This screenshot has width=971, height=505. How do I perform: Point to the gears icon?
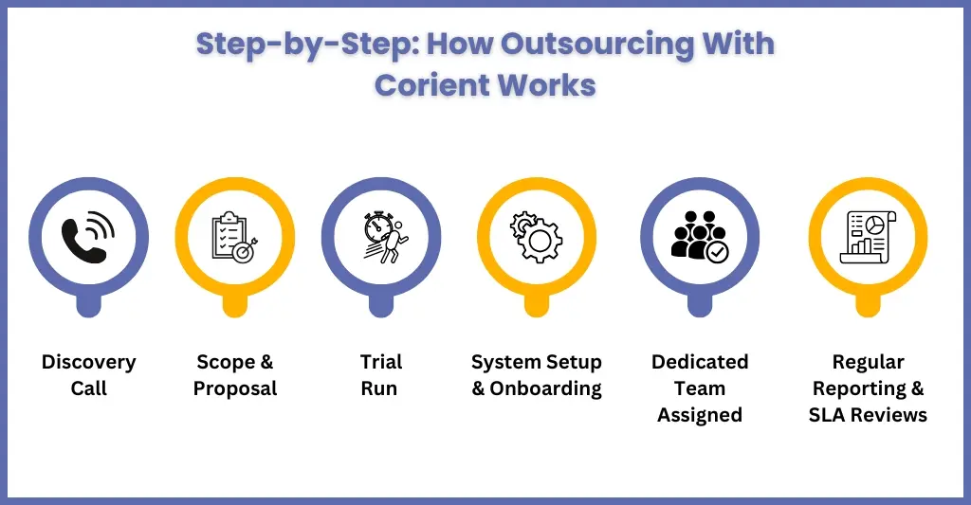click(536, 238)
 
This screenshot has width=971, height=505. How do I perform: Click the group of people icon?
click(700, 238)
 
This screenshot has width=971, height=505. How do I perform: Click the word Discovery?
click(88, 362)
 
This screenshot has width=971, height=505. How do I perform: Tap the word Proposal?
click(235, 388)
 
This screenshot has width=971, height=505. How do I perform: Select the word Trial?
click(380, 362)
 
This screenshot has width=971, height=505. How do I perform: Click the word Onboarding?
click(545, 388)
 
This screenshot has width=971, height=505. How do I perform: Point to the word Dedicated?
click(700, 362)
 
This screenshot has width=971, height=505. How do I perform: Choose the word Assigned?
click(700, 415)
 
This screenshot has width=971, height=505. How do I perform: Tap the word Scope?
click(226, 362)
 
